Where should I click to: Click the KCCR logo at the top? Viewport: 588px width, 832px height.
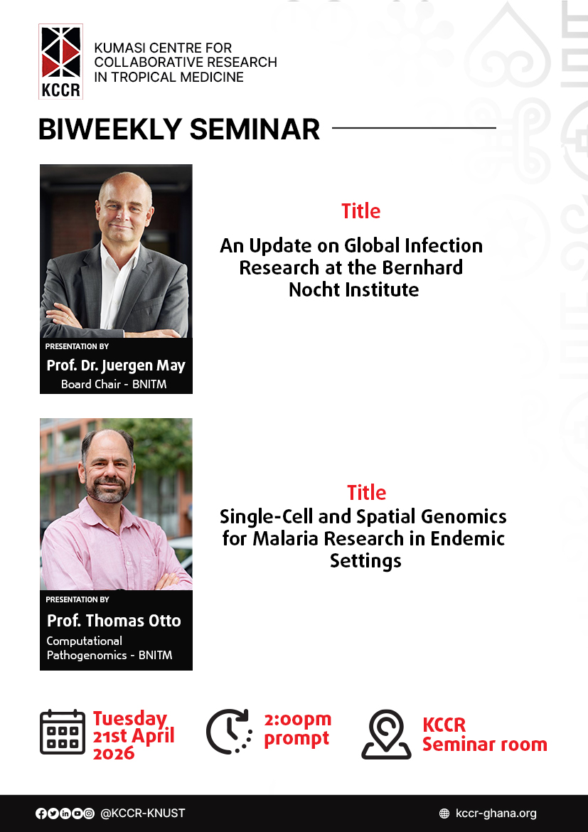(x=61, y=61)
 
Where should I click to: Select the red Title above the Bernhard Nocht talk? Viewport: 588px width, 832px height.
(x=360, y=211)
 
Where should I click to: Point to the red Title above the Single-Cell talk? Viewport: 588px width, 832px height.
(x=366, y=492)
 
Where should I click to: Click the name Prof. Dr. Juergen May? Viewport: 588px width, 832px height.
(x=116, y=366)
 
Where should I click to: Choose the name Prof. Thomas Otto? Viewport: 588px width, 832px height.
(x=114, y=620)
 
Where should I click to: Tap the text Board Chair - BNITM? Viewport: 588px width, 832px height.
(x=113, y=384)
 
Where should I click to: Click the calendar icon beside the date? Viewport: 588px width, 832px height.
(x=63, y=732)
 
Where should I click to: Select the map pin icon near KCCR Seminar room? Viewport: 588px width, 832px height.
(x=386, y=734)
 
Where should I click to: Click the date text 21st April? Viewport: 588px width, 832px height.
(x=134, y=736)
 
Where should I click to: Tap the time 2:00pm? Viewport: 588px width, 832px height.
(x=297, y=720)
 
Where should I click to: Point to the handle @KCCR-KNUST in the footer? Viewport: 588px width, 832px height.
(x=142, y=814)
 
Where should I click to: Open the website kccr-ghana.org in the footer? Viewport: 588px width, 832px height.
(x=496, y=814)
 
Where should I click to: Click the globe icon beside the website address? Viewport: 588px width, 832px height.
(x=444, y=814)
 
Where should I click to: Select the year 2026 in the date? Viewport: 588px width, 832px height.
(x=114, y=753)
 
